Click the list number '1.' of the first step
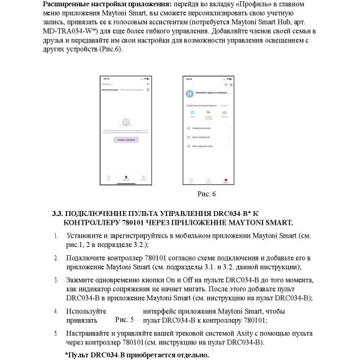pos(56,236)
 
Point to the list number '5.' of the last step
pos(56,333)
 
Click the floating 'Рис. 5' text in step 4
pos(124,320)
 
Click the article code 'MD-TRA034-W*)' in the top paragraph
pos(79,30)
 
